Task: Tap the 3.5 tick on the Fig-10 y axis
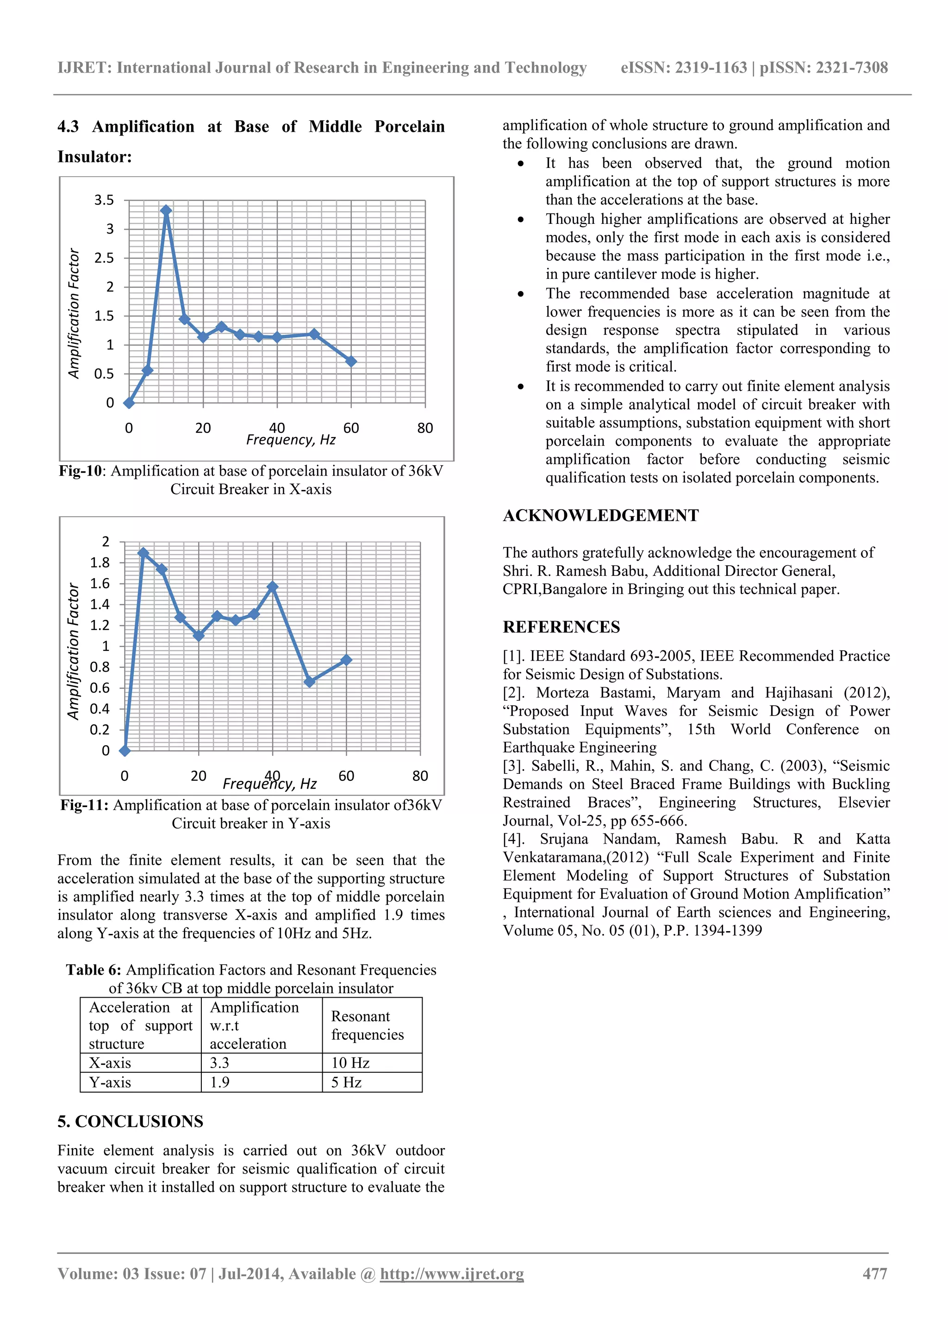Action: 104,200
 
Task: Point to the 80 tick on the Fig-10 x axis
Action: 424,428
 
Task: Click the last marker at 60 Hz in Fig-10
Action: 351,361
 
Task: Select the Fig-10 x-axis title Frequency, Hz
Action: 290,439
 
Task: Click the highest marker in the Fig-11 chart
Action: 143,553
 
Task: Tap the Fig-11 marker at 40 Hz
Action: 272,587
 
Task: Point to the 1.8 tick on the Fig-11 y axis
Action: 100,562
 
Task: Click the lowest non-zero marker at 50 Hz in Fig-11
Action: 310,681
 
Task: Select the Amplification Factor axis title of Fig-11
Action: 73,651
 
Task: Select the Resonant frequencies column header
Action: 368,1025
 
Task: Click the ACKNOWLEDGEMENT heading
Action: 600,515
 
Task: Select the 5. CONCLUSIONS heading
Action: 130,1121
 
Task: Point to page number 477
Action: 874,1273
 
